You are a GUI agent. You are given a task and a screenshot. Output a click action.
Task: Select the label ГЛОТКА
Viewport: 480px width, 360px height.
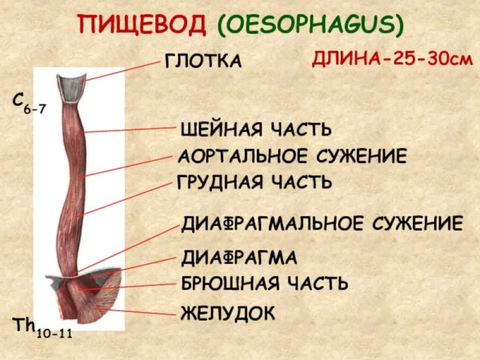coord(202,61)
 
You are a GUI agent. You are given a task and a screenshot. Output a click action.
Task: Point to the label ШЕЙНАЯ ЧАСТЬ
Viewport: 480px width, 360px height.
coord(255,129)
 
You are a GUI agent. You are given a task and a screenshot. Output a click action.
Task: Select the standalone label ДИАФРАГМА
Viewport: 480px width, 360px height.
coord(239,258)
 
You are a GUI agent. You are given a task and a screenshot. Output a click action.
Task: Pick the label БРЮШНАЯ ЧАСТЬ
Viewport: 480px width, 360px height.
coord(264,283)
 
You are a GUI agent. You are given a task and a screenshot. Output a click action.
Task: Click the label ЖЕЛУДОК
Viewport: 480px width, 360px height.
coord(228,312)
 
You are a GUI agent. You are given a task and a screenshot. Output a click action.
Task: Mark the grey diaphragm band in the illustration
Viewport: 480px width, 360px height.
coord(60,279)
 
